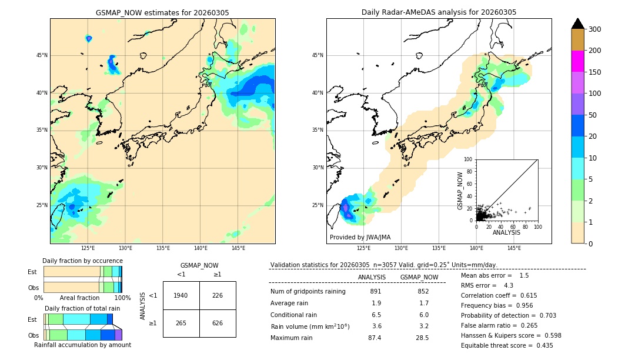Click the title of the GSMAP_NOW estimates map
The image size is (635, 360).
coord(162,12)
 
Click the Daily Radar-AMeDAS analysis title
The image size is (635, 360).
coord(439,12)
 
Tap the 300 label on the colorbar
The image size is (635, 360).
coord(594,29)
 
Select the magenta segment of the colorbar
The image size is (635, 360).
coord(578,61)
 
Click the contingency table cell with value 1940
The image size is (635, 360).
coord(181,295)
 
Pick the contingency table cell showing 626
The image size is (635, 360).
coord(218,323)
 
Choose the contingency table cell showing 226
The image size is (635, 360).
coord(218,295)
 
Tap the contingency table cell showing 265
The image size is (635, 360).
coord(181,323)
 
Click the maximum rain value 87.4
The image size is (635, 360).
coord(375,338)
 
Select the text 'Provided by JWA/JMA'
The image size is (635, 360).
coord(360,238)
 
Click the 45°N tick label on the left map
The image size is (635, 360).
coord(42,55)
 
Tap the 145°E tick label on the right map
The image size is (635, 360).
coord(514,248)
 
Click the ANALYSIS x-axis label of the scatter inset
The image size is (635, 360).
coord(506,233)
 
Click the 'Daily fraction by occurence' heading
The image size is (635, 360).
coord(82,261)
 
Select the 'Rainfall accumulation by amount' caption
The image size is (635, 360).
coord(82,345)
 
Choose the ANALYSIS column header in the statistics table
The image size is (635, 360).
coord(372,277)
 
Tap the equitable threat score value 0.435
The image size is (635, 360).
coord(539,345)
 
